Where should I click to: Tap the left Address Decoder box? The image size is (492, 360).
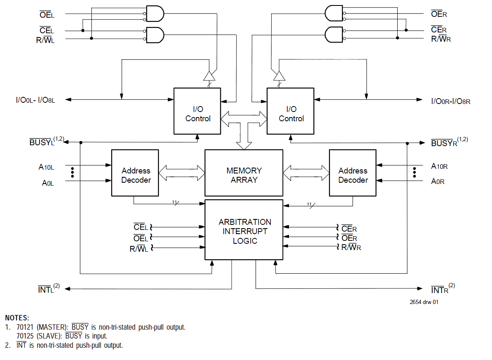(136, 173)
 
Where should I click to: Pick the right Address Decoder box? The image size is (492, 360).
(353, 173)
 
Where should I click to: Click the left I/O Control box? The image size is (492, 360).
(198, 111)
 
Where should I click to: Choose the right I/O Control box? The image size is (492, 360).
(291, 111)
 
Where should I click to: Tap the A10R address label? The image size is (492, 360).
(439, 166)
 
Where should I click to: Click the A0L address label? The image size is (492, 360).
(48, 183)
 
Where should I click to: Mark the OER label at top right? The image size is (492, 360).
(439, 14)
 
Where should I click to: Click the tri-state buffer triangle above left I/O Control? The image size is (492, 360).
(209, 76)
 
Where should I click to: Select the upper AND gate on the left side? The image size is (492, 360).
(154, 14)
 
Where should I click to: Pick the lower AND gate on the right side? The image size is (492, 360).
(334, 34)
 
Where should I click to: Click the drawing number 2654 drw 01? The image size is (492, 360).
(424, 302)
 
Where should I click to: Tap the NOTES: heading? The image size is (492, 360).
(17, 318)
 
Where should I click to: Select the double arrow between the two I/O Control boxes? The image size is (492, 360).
(244, 118)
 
